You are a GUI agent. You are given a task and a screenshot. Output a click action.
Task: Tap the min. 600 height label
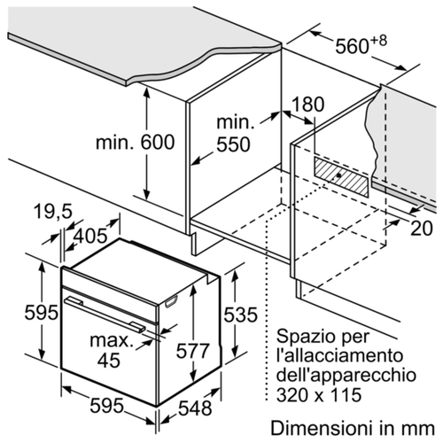[x=136, y=142]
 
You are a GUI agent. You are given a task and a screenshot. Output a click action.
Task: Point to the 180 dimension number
[x=307, y=104]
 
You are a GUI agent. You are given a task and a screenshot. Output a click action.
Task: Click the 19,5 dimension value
[x=53, y=212]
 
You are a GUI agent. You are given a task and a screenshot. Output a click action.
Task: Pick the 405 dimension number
[x=90, y=236]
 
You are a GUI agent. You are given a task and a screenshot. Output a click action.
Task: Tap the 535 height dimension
[x=240, y=315]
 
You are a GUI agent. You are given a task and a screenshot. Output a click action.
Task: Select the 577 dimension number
[x=192, y=351]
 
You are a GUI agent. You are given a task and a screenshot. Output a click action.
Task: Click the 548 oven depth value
[x=195, y=408]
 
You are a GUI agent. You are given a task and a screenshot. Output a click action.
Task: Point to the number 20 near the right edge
[x=422, y=229]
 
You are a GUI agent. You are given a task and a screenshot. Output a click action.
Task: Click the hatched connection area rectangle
[x=341, y=176]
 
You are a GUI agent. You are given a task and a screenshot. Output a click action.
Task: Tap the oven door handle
[x=105, y=315]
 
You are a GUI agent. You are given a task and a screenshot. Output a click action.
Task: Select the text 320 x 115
[x=319, y=394]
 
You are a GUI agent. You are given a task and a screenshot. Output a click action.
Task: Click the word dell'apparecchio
[x=346, y=376]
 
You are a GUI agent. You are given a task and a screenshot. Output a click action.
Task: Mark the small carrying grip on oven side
[x=171, y=301]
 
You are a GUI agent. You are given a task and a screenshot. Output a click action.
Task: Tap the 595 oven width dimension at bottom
[x=106, y=406]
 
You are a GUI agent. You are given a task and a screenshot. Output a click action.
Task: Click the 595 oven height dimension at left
[x=41, y=313]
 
